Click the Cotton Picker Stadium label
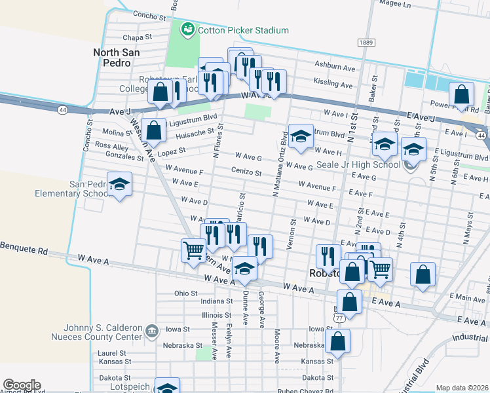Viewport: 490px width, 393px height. click(x=243, y=30)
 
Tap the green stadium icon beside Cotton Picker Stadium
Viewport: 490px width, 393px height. click(x=188, y=29)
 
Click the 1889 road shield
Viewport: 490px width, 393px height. click(x=366, y=43)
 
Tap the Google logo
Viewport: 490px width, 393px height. click(x=22, y=385)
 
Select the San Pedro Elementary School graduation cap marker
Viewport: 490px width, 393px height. click(x=119, y=185)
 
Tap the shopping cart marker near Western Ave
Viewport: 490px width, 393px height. click(x=193, y=250)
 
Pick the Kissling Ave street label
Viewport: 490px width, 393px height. click(x=333, y=84)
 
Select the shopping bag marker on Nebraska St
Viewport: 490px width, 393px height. click(x=338, y=341)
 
